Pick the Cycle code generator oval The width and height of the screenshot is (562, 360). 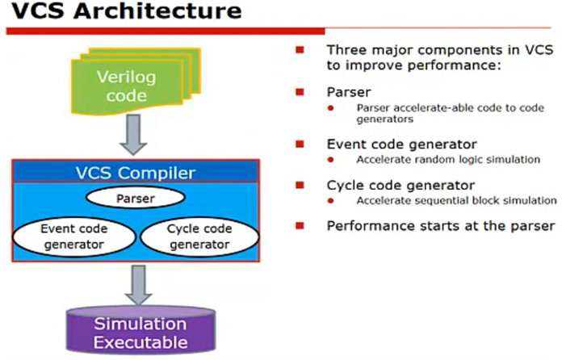click(x=199, y=236)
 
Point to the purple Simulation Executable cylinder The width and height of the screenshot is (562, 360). click(x=142, y=332)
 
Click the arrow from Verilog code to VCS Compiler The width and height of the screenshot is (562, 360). click(x=135, y=137)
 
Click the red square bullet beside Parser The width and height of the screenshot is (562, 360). click(x=300, y=92)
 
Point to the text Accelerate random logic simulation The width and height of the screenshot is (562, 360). click(x=448, y=160)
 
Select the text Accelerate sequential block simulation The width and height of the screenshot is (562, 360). click(x=457, y=200)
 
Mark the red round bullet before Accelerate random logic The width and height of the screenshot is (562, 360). click(x=330, y=160)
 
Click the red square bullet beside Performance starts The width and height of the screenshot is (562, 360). click(x=300, y=225)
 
